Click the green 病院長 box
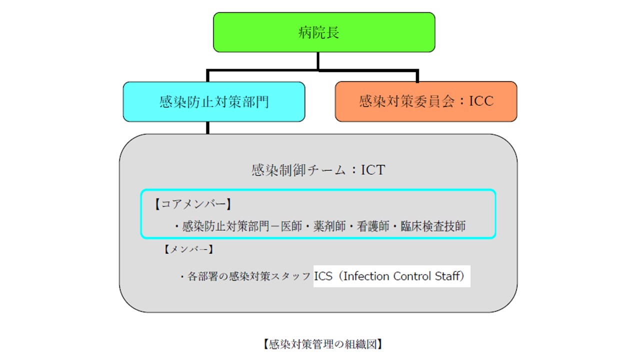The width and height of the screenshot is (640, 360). pyautogui.click(x=324, y=32)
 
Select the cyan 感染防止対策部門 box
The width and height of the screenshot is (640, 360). pyautogui.click(x=214, y=102)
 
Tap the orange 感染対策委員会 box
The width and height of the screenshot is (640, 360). pyautogui.click(x=426, y=101)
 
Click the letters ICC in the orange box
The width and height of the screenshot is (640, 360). pyautogui.click(x=481, y=101)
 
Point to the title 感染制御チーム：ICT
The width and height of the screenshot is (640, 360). pyautogui.click(x=318, y=170)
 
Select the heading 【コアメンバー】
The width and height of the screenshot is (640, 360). pyautogui.click(x=192, y=204)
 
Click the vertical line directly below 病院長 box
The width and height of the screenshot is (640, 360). pyautogui.click(x=318, y=60)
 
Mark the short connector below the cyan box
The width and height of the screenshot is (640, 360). pyautogui.click(x=207, y=128)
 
